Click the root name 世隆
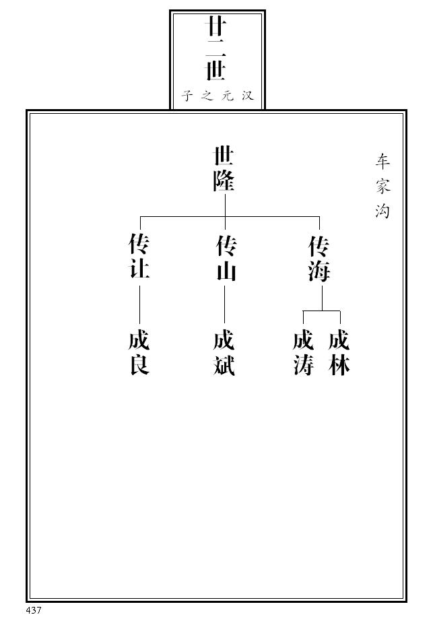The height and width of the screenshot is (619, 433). pos(224,170)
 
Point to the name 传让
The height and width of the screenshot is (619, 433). pos(139,257)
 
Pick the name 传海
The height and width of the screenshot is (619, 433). pos(319,259)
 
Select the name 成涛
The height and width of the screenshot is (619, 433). pos(303,353)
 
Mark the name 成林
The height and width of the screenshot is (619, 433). pos(339,353)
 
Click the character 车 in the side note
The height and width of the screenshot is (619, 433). pos(382,162)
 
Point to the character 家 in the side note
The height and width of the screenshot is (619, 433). pos(382,186)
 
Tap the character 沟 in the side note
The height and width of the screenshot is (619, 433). pos(382,211)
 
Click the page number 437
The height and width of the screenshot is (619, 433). pos(34,610)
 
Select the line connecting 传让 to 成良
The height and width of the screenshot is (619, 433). pos(139,304)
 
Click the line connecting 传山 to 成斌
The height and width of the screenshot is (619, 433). pos(224,304)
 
